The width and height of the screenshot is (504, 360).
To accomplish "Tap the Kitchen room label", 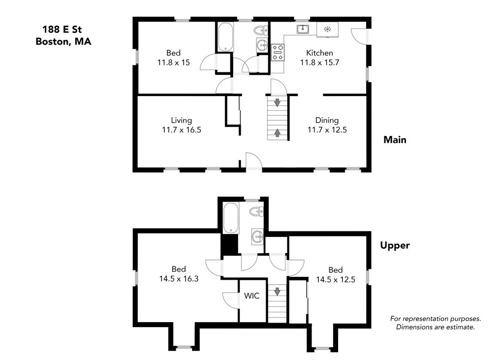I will [319, 53].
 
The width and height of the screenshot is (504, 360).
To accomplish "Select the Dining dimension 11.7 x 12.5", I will [323, 130].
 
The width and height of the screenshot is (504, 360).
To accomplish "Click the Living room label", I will [181, 120].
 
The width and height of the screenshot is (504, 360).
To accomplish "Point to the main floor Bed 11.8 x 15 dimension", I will [173, 63].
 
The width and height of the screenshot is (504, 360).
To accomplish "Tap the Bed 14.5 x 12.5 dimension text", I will [335, 279].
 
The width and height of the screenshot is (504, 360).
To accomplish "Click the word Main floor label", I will [395, 140].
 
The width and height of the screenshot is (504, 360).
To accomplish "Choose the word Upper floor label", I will [395, 245].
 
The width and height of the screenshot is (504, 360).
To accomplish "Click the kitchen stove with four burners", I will [278, 52].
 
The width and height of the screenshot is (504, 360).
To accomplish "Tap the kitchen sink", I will [303, 30].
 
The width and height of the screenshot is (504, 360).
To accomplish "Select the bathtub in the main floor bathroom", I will [225, 36].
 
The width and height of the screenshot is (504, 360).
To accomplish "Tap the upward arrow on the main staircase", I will [277, 132].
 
